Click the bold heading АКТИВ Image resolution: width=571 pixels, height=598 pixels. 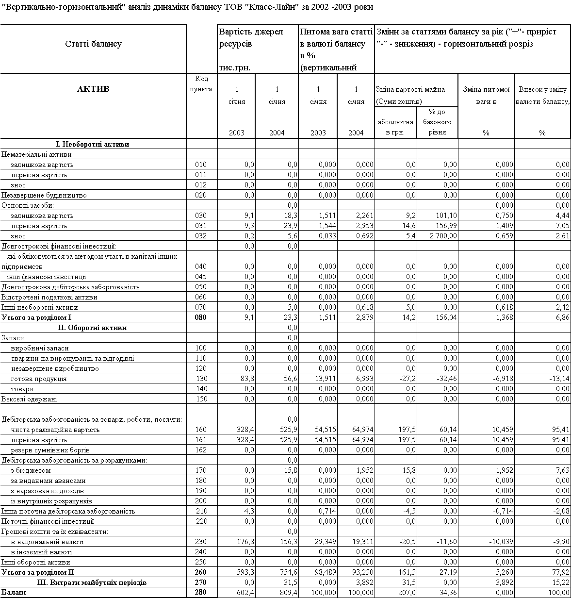click(93, 89)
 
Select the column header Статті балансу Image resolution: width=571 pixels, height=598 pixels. click(93, 44)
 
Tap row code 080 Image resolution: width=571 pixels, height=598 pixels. click(201, 318)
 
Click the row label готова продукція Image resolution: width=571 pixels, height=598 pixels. click(39, 379)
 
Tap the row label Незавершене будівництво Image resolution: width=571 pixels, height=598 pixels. click(44, 195)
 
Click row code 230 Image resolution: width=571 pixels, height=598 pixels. click(201, 542)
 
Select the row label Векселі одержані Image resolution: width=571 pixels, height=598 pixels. click(29, 399)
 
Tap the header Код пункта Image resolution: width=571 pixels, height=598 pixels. click(202, 84)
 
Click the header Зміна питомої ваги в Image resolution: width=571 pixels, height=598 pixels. click(486, 96)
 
